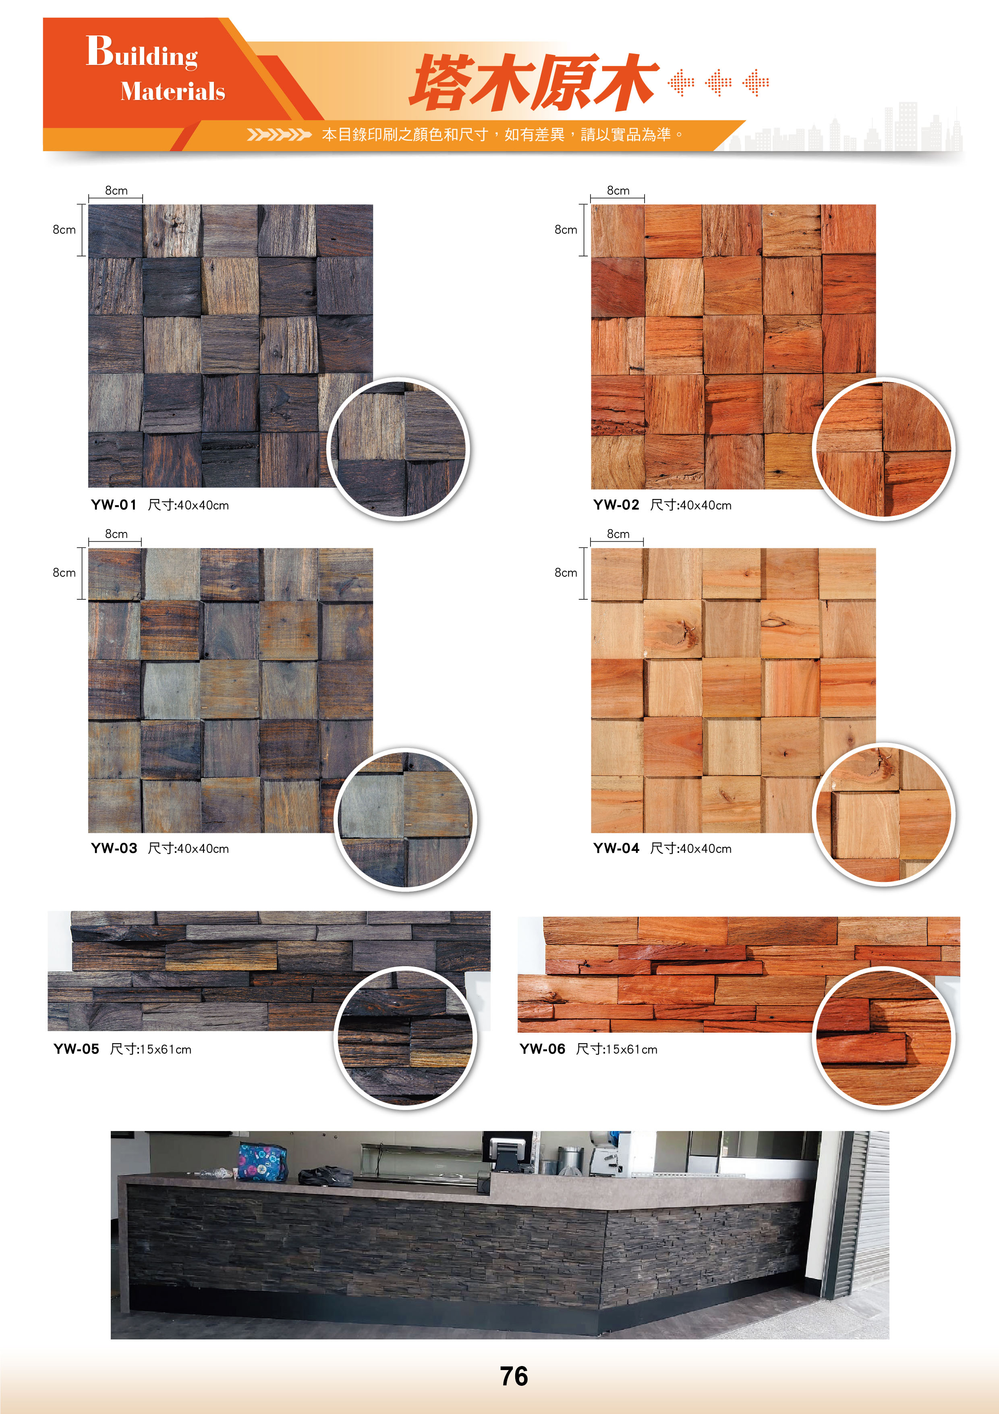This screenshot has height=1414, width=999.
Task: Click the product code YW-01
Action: coord(114,505)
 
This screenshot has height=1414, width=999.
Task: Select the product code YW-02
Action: coord(616,505)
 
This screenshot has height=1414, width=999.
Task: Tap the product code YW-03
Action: coord(114,848)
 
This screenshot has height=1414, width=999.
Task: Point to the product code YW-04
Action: coord(616,848)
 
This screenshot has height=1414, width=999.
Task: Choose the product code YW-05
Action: coord(76,1049)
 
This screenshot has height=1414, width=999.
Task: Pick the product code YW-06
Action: coord(542,1049)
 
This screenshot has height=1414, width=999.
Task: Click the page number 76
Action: coord(514,1377)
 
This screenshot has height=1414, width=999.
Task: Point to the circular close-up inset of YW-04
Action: coord(883,814)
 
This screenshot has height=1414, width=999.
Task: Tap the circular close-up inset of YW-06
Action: coord(883,1038)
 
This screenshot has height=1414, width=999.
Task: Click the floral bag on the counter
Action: coord(262,1162)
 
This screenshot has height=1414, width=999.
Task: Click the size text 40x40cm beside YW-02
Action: coord(705,505)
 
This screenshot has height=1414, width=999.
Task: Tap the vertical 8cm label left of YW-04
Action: coord(566,573)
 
